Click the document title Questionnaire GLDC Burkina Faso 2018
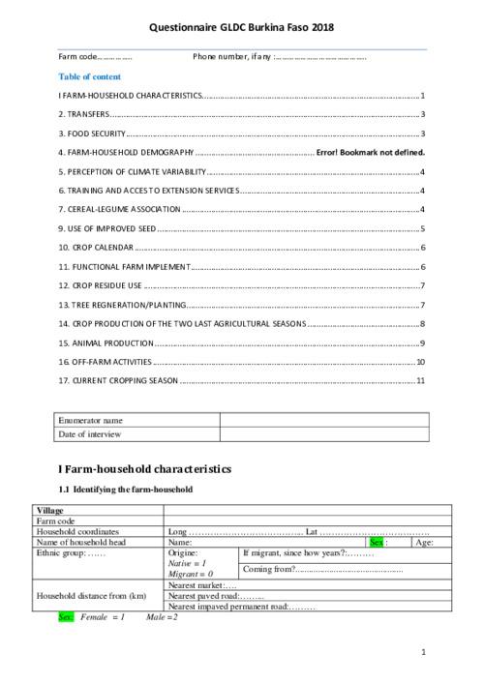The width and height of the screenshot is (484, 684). tap(241, 30)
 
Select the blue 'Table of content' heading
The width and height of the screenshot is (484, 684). tap(89, 76)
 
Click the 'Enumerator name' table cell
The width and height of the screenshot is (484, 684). tap(91, 421)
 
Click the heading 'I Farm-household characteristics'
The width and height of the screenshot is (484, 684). tap(145, 470)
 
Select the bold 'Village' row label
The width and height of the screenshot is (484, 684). tap(49, 510)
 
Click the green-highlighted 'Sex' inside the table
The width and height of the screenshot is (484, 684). tap(377, 543)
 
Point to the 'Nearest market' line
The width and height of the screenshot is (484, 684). tap(203, 584)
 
